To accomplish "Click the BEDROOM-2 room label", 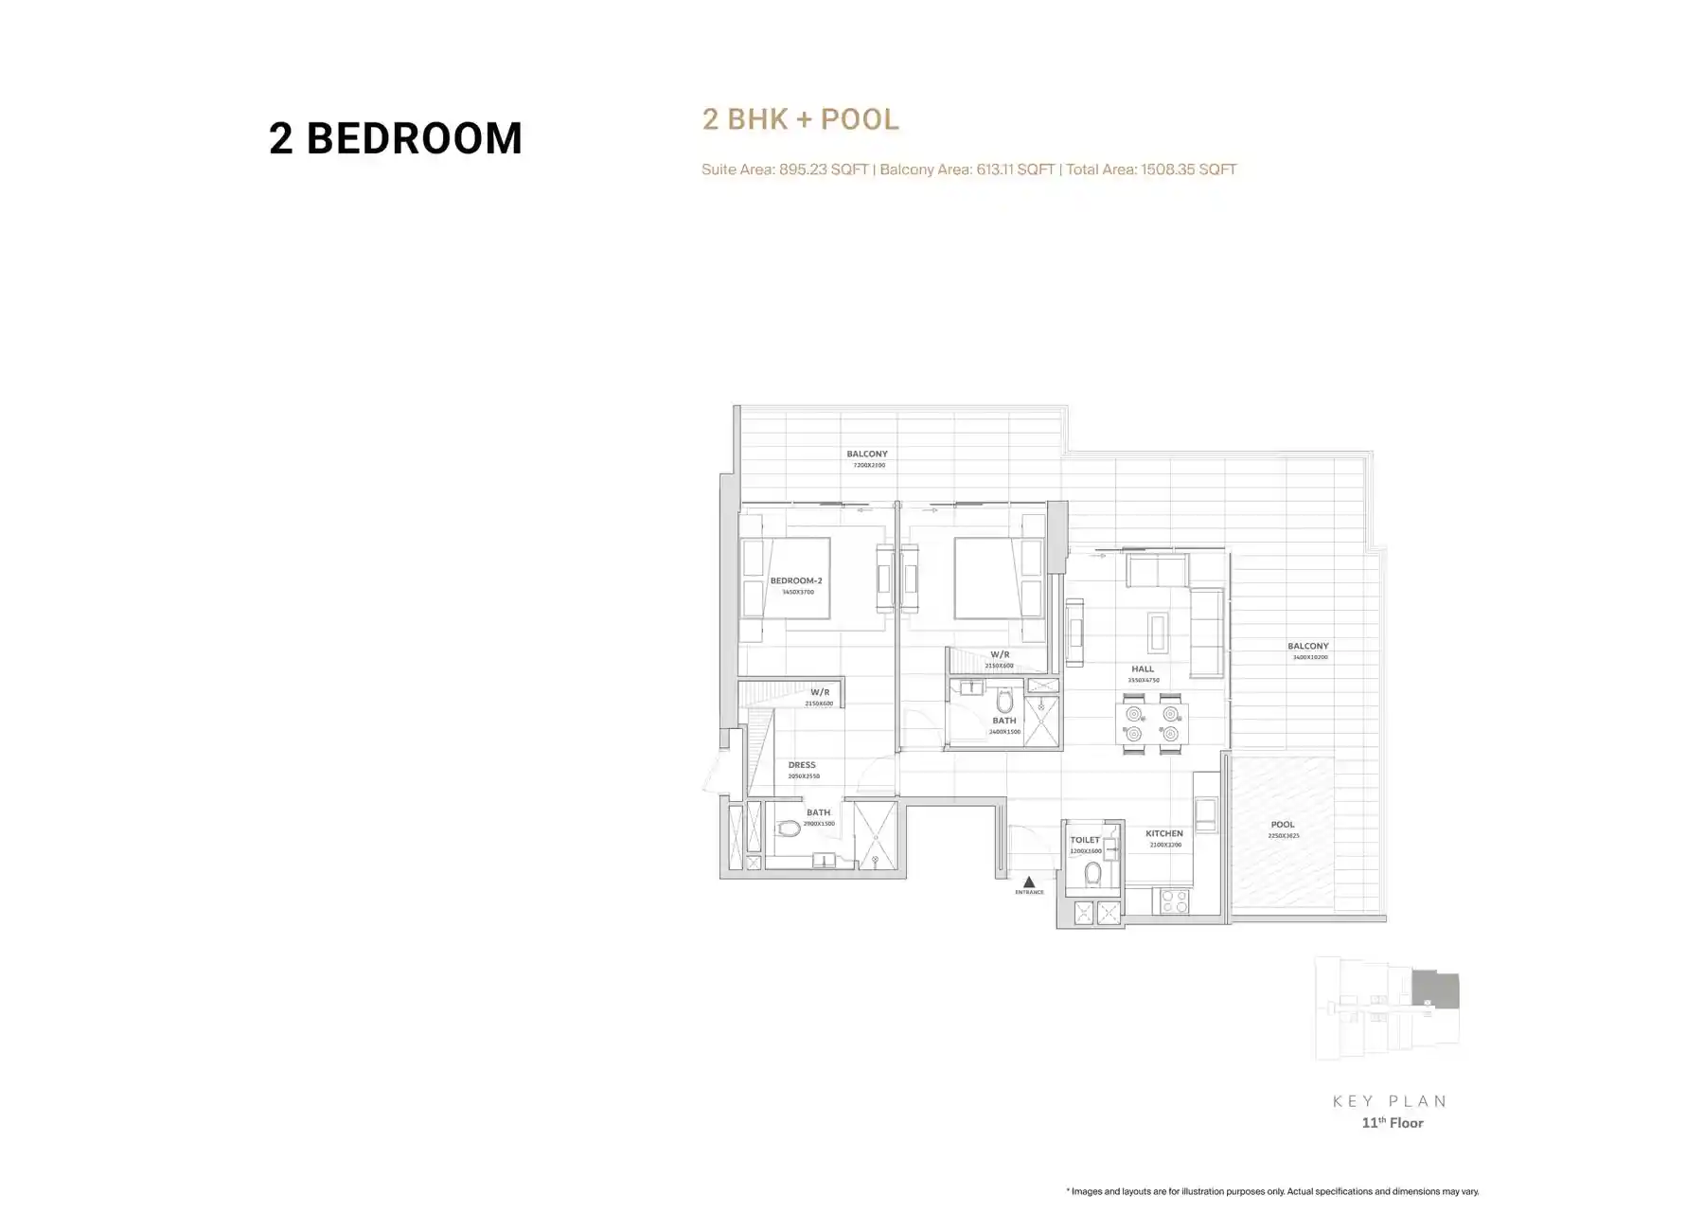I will coord(795,580).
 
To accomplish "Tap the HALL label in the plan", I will coord(1143,668).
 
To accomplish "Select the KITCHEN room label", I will coord(1163,833).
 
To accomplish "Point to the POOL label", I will coord(1283,825).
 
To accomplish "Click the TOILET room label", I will coord(1085,840).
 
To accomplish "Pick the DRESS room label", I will coord(802,765).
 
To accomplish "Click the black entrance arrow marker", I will coord(1029,882).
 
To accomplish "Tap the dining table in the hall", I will coord(1152,724).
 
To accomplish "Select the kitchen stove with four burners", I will coord(1174,900).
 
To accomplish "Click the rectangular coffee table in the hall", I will coord(1158,632).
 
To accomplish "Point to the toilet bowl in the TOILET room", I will coord(1093,873).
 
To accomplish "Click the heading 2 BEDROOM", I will coord(396,138).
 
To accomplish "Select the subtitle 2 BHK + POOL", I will coord(800,119).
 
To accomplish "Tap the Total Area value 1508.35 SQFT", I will coord(1188,169).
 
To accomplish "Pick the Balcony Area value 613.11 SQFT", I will coord(1015,169).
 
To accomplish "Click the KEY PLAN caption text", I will coord(1391,1101).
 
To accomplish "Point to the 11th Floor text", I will coord(1393,1123).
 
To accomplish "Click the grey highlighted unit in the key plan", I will coord(1435,989).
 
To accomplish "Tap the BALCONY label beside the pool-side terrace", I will coord(1307,646).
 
